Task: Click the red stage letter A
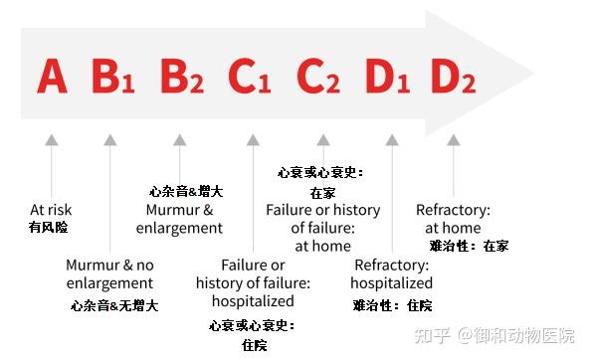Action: pos(53,76)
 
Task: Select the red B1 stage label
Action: pos(112,77)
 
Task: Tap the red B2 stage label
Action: pos(181,77)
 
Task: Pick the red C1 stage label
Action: pos(249,77)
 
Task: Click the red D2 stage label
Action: pos(454,77)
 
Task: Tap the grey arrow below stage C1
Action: pos(254,193)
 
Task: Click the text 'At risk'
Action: pos(51,210)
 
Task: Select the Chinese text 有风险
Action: pos(49,227)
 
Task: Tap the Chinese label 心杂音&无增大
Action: pos(114,304)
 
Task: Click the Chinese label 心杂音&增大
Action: pos(185,191)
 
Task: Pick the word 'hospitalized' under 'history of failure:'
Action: pos(254,300)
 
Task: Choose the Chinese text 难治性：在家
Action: pos(469,246)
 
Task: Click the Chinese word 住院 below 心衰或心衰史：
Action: pos(255,345)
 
